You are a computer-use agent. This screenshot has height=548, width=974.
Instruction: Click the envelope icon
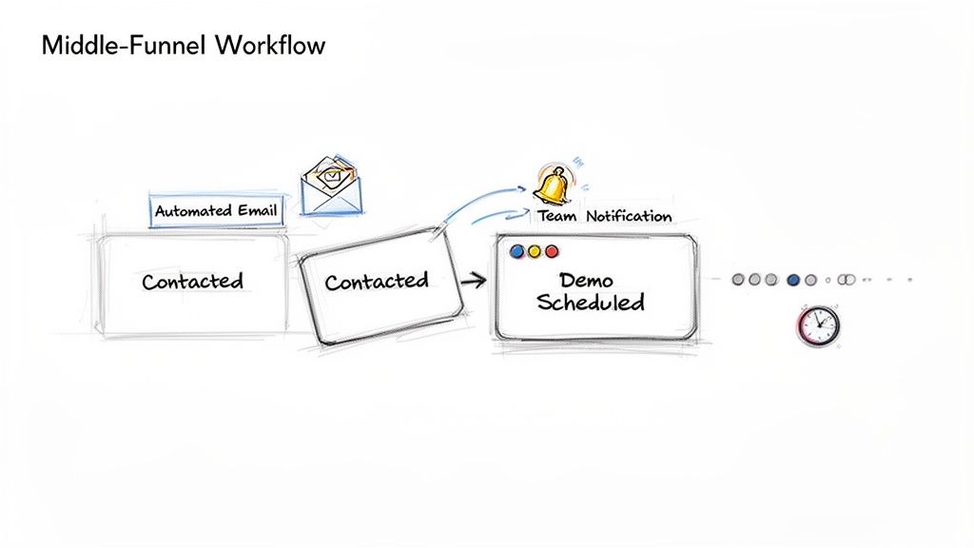tap(331, 187)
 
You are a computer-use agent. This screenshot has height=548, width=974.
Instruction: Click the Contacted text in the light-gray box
tap(192, 282)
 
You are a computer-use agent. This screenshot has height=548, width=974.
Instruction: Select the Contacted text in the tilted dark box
tap(376, 282)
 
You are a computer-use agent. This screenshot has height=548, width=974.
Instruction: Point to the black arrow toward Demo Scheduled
tap(474, 281)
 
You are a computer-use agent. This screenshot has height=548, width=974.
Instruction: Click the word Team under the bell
tap(557, 217)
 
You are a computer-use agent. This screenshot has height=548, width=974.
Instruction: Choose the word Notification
tap(629, 217)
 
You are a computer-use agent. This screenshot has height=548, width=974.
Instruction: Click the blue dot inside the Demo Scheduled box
tap(518, 252)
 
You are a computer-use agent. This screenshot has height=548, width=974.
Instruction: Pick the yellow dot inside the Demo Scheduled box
tap(535, 252)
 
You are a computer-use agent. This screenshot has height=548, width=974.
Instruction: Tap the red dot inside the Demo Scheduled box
tap(551, 252)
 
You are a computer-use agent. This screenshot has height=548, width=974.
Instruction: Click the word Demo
tap(587, 281)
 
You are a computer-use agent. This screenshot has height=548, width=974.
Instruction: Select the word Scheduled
tap(590, 303)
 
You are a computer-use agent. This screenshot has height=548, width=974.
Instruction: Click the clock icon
tap(818, 326)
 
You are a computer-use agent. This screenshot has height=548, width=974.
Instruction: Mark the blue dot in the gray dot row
tap(793, 280)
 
